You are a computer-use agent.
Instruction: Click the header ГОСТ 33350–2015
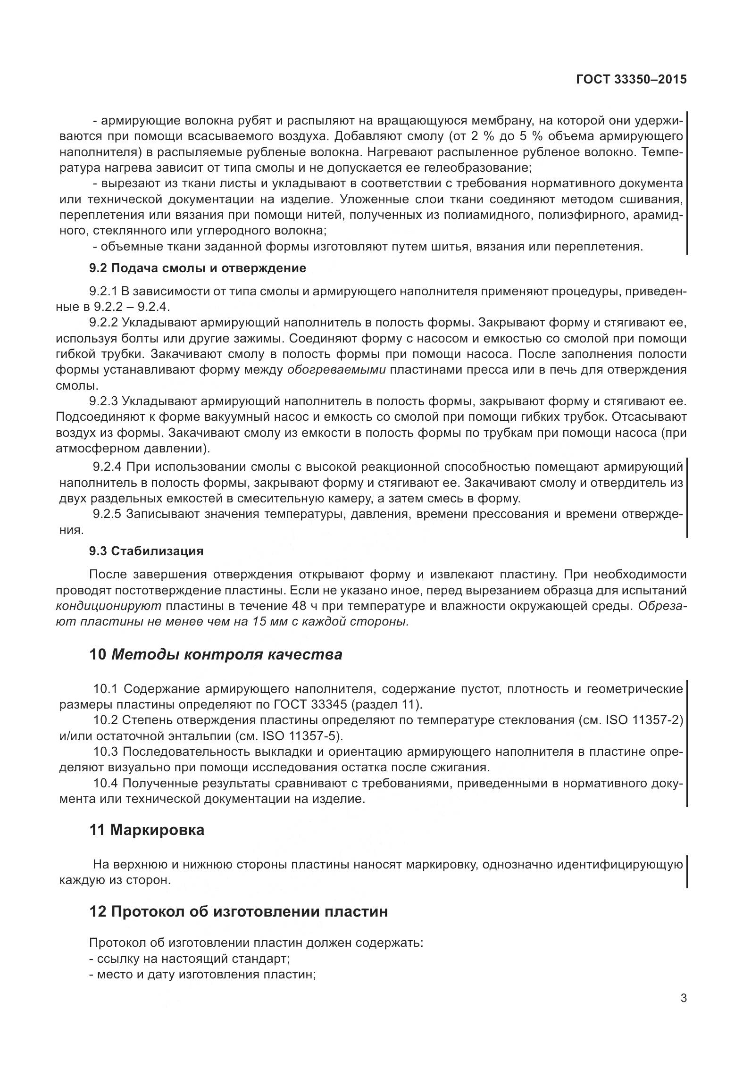(x=631, y=80)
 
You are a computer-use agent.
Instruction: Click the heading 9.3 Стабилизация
(x=146, y=551)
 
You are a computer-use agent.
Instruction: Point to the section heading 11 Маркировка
(x=147, y=830)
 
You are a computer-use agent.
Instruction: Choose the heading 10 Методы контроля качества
(x=216, y=655)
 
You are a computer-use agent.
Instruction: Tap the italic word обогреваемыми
(x=336, y=370)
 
